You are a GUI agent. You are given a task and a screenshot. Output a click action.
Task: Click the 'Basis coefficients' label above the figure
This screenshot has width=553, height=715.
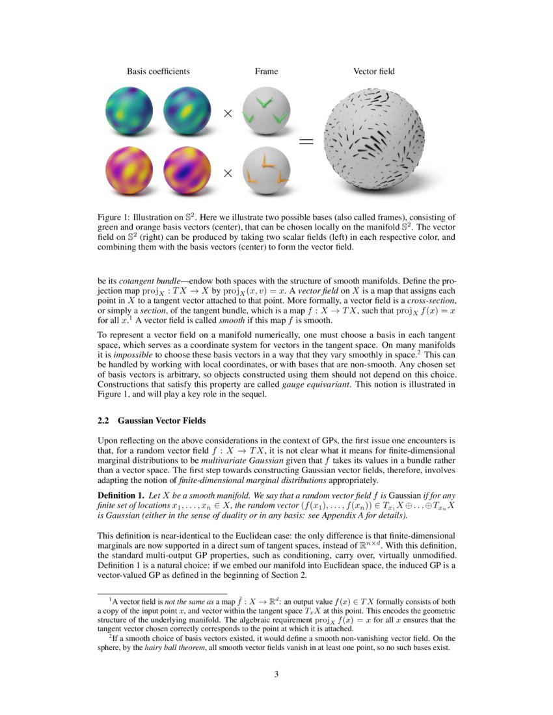coord(158,71)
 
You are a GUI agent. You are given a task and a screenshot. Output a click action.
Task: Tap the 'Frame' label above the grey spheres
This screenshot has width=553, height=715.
coord(266,71)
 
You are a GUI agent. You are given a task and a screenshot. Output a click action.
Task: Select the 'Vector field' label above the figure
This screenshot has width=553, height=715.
coord(373,71)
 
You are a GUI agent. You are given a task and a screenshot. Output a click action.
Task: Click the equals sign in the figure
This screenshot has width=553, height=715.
coord(306,141)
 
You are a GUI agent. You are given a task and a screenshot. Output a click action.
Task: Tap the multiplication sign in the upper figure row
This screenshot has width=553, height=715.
coord(228,114)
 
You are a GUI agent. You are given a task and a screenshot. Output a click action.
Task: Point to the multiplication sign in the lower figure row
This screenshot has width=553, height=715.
coord(228,173)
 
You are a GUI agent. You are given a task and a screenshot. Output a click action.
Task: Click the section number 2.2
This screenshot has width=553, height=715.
coord(103,421)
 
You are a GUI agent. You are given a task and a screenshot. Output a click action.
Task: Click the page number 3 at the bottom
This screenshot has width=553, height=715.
coord(276,674)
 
